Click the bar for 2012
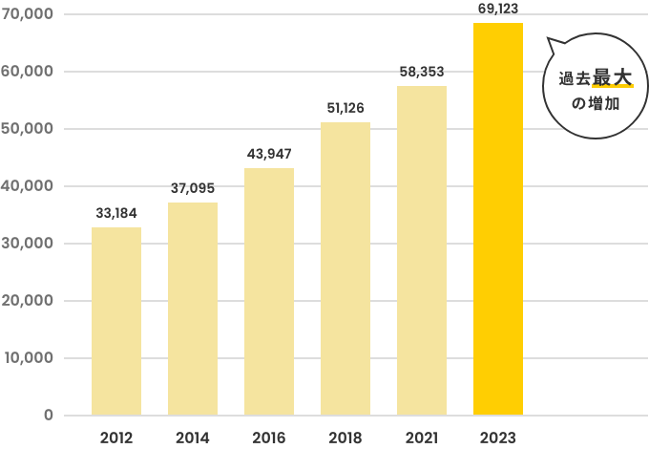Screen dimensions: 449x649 click(116, 321)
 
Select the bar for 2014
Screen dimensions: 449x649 click(193, 309)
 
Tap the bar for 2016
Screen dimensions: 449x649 click(269, 291)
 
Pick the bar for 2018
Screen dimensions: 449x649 click(345, 268)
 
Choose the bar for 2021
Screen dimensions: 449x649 click(422, 250)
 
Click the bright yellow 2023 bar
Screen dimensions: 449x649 click(498, 219)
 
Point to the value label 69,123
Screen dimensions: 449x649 click(498, 9)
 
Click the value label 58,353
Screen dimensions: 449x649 click(422, 72)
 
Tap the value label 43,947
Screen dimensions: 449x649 click(269, 154)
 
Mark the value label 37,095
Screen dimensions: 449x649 click(193, 188)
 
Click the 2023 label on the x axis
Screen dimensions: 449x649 click(498, 438)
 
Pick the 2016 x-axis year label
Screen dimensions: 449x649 click(269, 438)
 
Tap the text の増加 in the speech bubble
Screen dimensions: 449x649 click(596, 102)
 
